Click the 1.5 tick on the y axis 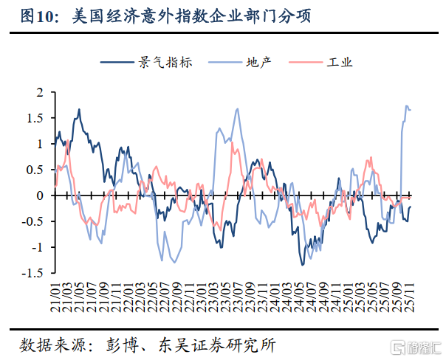point(37,118)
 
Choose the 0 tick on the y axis point(41,195)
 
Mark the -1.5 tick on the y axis point(35,273)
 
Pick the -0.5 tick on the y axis point(35,221)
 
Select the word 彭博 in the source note point(120,344)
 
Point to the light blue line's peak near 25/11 point(406,106)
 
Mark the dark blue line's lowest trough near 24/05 point(302,264)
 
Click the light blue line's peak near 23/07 point(237,109)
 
